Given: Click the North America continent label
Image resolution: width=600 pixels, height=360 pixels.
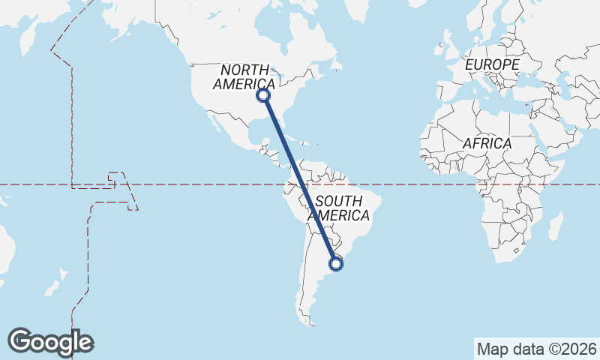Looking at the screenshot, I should click(x=244, y=76).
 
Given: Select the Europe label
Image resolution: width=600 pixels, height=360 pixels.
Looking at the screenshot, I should click(x=491, y=65).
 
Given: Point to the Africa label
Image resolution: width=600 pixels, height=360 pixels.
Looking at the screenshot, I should click(x=487, y=142).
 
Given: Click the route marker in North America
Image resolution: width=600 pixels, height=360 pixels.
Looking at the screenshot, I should click(x=263, y=95).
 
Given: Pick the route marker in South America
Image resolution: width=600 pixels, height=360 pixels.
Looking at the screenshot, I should click(x=337, y=263).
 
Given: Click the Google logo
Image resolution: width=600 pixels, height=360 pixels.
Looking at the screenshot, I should click(x=50, y=341).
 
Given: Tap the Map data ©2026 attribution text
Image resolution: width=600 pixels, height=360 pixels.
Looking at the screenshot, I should click(x=536, y=349).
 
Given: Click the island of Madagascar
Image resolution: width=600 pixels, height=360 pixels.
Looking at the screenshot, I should click(x=556, y=226).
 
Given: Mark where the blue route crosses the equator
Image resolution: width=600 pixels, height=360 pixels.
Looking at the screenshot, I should click(x=301, y=184).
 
